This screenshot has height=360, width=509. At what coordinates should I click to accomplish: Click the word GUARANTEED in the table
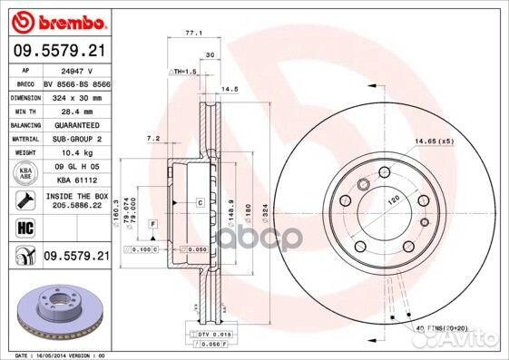pos(76,124)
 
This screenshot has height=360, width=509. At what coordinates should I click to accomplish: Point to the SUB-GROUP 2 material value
pos(75,140)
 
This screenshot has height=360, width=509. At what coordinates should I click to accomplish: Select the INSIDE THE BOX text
pos(75,196)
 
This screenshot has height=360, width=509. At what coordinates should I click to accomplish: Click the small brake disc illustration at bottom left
pos(58,307)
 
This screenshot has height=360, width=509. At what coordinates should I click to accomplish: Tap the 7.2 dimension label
pos(154,138)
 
